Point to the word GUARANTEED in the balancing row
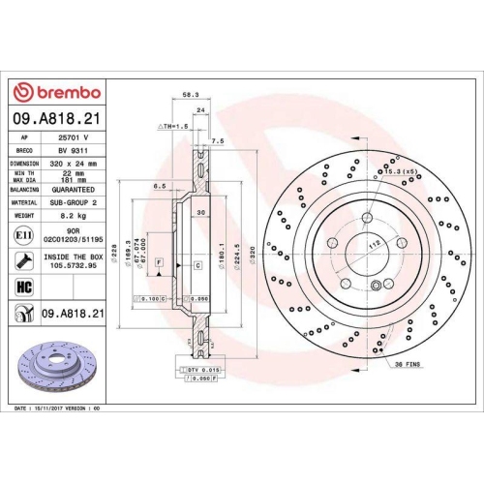pyautogui.click(x=67, y=191)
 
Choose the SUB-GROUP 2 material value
pyautogui.click(x=67, y=204)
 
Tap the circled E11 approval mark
pyautogui.click(x=22, y=235)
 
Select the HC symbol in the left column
pyautogui.click(x=23, y=287)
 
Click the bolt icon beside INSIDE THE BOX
pyautogui.click(x=22, y=259)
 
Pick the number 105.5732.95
pyautogui.click(x=67, y=264)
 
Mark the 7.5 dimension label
pyautogui.click(x=217, y=140)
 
